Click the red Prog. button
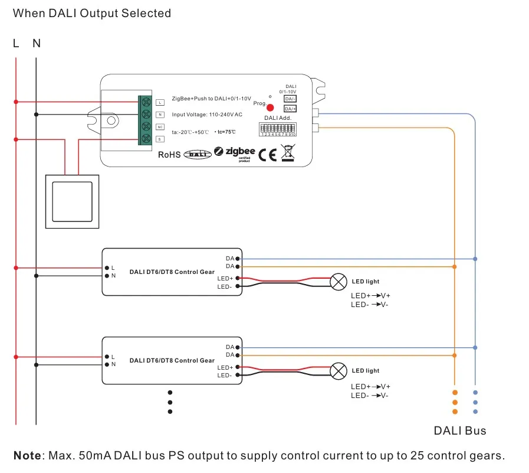click(x=270, y=107)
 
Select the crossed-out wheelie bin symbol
click(x=287, y=154)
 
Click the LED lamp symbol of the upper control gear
click(x=337, y=282)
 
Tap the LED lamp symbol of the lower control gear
click(x=337, y=371)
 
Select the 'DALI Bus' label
click(x=460, y=430)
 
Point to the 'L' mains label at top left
click(x=16, y=43)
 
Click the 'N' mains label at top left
click(x=37, y=43)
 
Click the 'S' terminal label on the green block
click(x=160, y=139)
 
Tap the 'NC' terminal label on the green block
click(x=160, y=127)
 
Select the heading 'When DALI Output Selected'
click(x=92, y=13)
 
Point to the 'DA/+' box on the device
click(x=290, y=109)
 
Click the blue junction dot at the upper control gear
click(x=475, y=259)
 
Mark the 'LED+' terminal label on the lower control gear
click(x=224, y=367)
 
